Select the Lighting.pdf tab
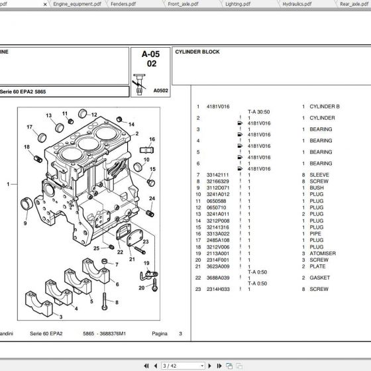tap(237, 3)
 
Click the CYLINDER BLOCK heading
tap(197, 52)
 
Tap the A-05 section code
tap(151, 54)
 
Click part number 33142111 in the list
tap(217, 174)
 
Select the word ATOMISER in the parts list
tap(323, 253)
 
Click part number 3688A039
tap(217, 278)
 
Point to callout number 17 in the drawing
tap(30, 127)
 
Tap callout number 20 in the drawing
tap(141, 288)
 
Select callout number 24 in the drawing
tap(152, 199)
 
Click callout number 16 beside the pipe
tap(152, 140)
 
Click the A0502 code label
tap(160, 90)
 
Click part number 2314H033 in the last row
tap(217, 290)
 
